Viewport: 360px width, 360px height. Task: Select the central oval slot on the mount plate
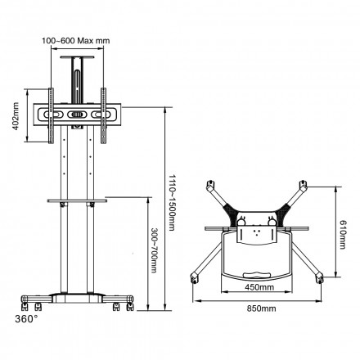point(79,115)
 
